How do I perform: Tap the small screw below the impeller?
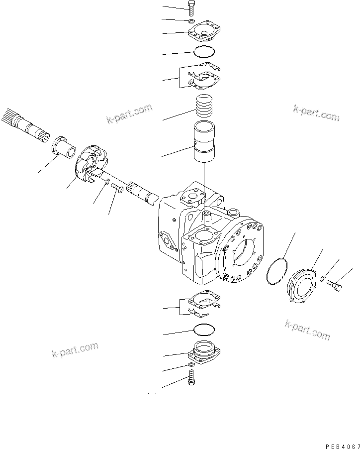pos(117,188)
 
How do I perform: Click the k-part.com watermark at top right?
pos(316,113)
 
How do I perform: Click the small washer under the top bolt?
pos(192,21)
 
